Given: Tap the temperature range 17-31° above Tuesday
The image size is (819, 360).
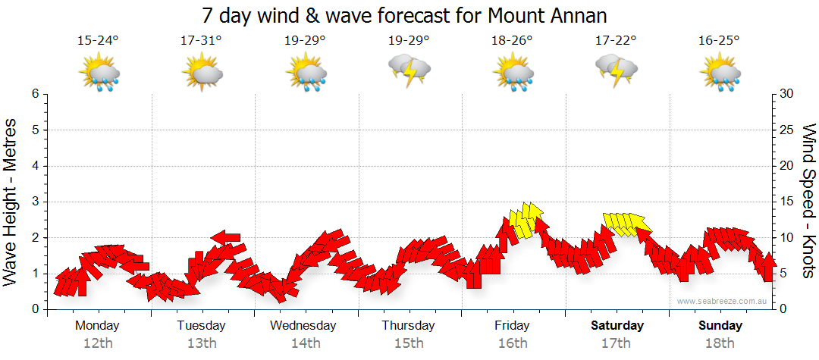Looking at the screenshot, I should (x=201, y=40).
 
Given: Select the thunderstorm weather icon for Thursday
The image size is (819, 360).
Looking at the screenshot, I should (x=409, y=70).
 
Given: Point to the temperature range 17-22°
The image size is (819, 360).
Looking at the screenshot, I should (x=616, y=40).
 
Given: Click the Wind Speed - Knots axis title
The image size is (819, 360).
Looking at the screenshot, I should (x=808, y=201).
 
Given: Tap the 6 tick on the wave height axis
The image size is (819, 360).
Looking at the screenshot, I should (x=35, y=94).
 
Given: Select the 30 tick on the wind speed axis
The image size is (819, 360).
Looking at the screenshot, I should (x=787, y=94).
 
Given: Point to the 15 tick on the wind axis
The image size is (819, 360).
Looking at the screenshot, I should (x=786, y=202).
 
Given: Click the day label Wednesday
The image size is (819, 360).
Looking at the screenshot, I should (x=303, y=326).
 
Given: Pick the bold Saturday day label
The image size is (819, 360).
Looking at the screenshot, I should (x=617, y=326).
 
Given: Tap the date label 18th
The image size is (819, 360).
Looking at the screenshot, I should (x=720, y=343).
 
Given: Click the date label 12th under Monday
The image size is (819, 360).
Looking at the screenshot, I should (x=97, y=343).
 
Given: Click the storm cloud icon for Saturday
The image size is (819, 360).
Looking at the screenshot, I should (x=616, y=70).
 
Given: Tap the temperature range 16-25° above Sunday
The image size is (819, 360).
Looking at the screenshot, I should (x=720, y=40).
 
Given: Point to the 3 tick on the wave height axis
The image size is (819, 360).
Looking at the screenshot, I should (x=35, y=202).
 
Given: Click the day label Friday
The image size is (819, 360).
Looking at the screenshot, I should (x=513, y=326).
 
